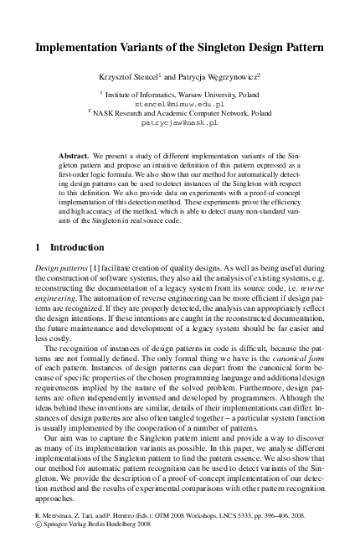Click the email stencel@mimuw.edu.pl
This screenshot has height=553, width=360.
tap(179, 104)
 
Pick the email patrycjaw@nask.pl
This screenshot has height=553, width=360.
tap(179, 122)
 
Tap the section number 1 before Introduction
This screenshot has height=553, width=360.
tap(34, 248)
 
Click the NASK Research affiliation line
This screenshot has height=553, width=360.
tap(179, 113)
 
